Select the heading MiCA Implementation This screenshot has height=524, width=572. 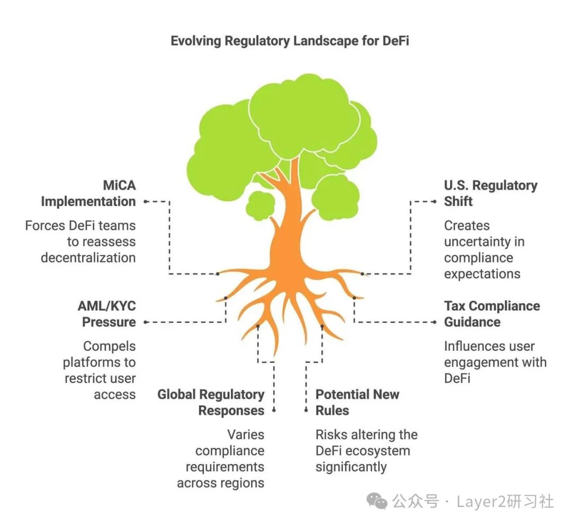(88, 193)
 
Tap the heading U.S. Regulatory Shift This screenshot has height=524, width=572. (490, 193)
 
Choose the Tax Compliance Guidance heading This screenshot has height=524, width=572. (491, 314)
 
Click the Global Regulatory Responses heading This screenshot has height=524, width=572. (211, 403)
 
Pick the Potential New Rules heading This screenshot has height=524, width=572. (358, 403)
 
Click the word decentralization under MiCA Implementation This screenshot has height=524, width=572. (88, 258)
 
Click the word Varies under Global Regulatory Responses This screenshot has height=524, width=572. (246, 435)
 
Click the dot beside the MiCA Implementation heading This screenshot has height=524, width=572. (146, 202)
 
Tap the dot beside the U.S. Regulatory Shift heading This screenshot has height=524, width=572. (434, 202)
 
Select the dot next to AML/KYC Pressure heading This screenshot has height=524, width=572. (146, 322)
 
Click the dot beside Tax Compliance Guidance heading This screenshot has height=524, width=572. (434, 322)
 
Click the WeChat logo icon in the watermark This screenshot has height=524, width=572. (378, 501)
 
